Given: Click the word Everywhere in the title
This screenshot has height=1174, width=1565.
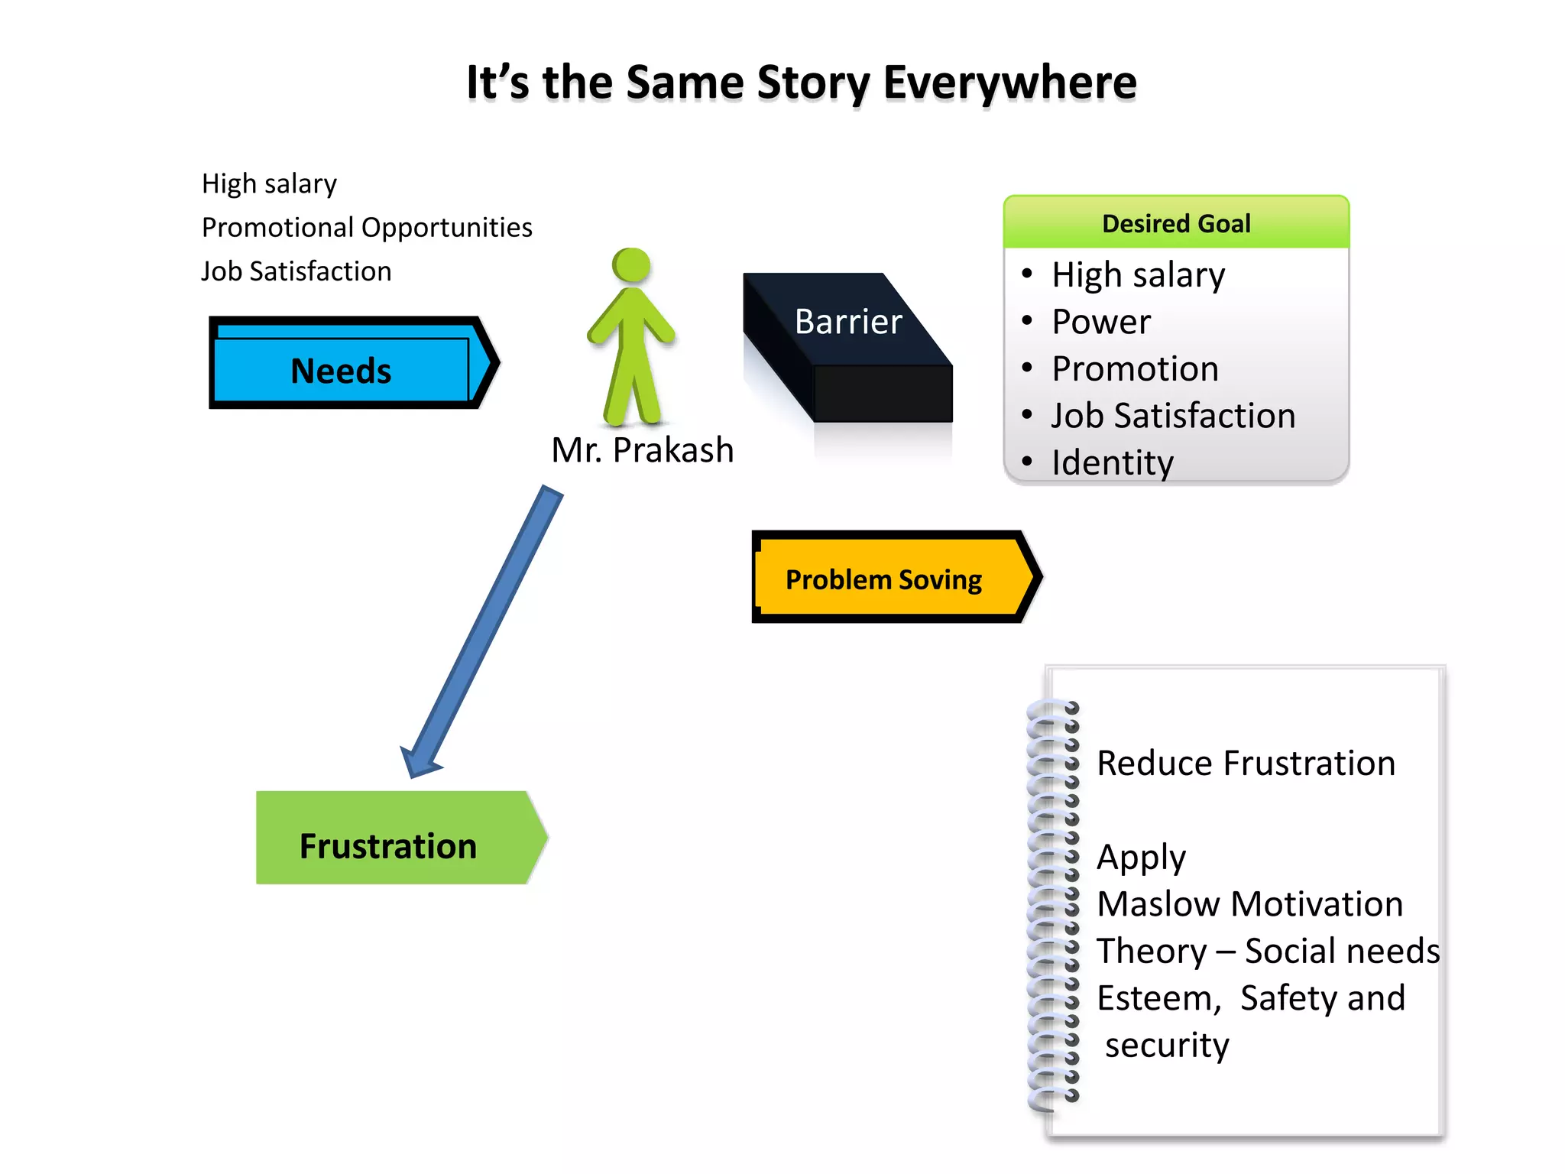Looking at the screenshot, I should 1009,83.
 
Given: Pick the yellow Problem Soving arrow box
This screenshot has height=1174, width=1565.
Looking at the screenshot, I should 884,579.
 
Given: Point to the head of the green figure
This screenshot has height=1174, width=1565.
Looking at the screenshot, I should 631,266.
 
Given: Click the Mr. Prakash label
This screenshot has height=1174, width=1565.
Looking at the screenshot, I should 642,450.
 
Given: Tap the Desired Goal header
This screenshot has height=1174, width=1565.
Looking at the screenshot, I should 1176,223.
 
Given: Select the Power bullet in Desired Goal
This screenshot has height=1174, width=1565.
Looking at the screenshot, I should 1100,322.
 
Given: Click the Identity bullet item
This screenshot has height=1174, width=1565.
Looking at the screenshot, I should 1112,462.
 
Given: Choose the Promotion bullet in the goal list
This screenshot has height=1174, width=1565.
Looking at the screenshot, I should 1135,369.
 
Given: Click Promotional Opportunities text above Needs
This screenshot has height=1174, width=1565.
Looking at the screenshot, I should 367,228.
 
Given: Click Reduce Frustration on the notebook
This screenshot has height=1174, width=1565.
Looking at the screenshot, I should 1246,764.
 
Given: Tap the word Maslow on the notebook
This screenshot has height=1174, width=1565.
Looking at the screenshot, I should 1158,904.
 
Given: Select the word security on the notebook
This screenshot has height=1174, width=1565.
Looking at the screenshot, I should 1167,1046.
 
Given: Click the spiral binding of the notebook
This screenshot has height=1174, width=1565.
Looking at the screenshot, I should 1053,902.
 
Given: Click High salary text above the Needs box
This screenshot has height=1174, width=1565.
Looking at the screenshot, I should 269,184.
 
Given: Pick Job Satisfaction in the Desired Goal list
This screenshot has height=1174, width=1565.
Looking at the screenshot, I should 1173,416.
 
